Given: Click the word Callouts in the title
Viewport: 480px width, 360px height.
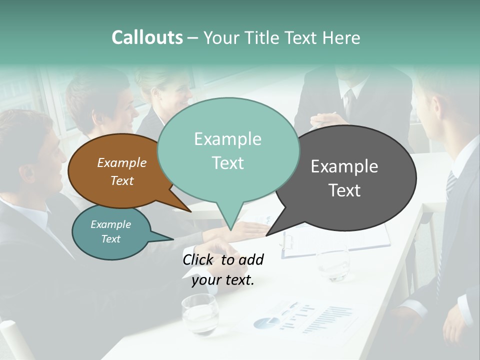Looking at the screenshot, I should pyautogui.click(x=147, y=37).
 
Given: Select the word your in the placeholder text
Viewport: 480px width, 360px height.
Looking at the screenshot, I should pyautogui.click(x=206, y=280).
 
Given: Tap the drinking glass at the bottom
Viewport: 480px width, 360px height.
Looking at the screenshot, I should pyautogui.click(x=200, y=313).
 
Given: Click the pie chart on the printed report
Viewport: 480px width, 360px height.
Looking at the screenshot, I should pyautogui.click(x=266, y=322).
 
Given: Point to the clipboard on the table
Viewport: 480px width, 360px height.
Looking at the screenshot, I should pyautogui.click(x=335, y=240).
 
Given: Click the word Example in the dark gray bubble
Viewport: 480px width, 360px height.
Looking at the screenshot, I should pyautogui.click(x=344, y=166).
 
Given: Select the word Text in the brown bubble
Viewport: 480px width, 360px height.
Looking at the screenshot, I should pyautogui.click(x=122, y=181).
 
